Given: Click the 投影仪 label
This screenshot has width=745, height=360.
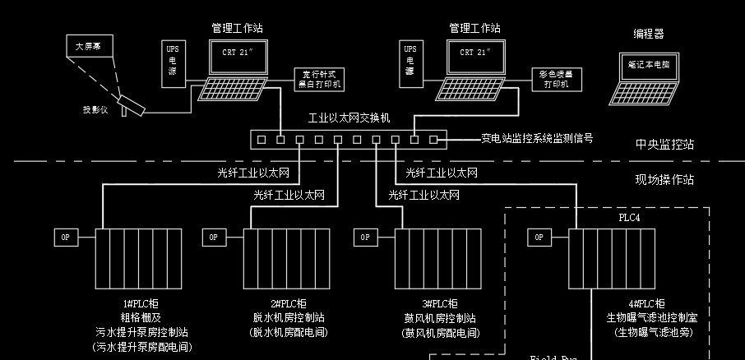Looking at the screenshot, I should coord(95,109).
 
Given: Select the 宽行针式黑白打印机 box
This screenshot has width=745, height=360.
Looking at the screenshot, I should coord(318,79).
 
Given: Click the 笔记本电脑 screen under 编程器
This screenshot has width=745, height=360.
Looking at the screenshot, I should coord(648,64).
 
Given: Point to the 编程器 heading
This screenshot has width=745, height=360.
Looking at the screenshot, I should coord(648,34).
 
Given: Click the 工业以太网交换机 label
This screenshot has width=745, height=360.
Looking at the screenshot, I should coord(349,119).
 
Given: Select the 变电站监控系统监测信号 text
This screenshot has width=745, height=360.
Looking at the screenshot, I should coord(536,138).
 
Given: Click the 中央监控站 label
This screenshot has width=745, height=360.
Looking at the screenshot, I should coord(664,145).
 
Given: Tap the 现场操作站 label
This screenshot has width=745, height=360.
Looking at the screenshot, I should coord(664,179).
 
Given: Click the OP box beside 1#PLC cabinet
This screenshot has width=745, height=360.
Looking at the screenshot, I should coord(67,238).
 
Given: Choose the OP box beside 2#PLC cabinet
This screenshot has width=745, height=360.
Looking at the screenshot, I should coord(214,238).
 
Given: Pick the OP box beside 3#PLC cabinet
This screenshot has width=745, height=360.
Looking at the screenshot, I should coord(366,238).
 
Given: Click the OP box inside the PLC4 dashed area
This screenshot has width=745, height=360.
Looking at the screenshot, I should coord(539,238).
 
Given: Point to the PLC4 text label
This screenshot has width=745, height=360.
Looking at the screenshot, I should coord(629,218).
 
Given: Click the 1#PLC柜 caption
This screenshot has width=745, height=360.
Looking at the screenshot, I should coord(141,304).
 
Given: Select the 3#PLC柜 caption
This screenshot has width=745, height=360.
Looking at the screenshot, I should coord(440,304).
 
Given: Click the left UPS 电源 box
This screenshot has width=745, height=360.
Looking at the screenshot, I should coord(173,60).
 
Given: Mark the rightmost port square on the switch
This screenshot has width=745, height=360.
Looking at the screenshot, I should coord(433,140).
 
